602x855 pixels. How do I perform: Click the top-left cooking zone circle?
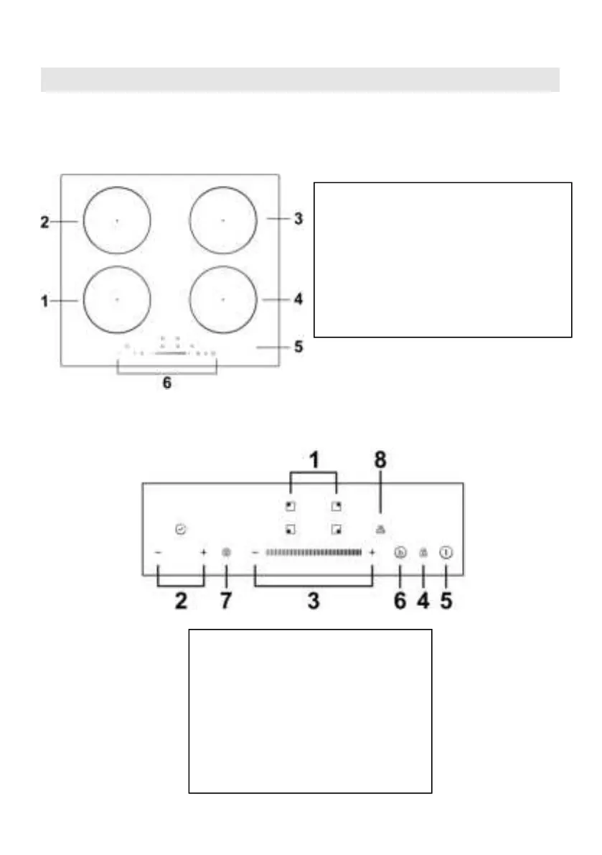(117, 220)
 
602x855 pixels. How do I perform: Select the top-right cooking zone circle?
(223, 220)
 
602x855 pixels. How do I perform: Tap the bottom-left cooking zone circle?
(117, 299)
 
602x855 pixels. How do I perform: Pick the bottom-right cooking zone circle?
(223, 299)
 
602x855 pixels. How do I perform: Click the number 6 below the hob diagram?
(166, 383)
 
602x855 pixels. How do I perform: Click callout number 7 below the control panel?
(226, 600)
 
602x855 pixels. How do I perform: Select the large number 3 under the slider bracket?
(314, 600)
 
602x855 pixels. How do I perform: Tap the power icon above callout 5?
(446, 553)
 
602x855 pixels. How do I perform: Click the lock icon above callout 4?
(423, 553)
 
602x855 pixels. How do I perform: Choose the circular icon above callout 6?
(400, 553)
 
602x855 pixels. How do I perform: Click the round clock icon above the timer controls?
(179, 529)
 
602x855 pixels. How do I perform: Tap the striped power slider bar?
(314, 553)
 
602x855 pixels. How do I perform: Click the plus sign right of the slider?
(372, 553)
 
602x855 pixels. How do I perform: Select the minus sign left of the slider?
(255, 553)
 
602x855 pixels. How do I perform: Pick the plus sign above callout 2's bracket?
(204, 553)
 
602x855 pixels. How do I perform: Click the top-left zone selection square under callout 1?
(291, 506)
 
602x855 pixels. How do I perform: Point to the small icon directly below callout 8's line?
(380, 530)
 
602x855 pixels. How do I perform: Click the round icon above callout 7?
(226, 553)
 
